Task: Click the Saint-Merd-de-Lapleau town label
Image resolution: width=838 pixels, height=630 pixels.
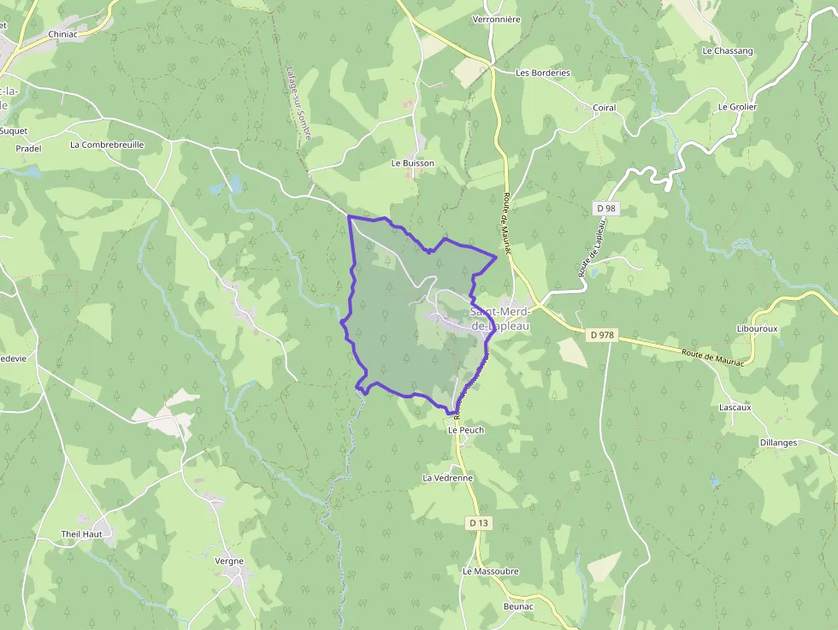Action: [500, 319]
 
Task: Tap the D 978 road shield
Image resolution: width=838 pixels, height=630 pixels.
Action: [602, 335]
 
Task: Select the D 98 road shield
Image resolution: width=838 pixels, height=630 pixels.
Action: [605, 209]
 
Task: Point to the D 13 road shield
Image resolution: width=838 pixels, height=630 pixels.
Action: [478, 522]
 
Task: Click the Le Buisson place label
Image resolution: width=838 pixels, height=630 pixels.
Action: [413, 162]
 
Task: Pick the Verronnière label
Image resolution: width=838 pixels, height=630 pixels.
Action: [496, 19]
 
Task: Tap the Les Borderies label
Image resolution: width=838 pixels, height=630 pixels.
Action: [543, 73]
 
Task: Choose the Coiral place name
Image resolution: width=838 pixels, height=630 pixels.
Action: [604, 108]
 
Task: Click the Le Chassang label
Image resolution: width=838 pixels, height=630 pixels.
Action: [728, 50]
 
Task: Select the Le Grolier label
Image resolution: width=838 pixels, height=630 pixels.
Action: [737, 107]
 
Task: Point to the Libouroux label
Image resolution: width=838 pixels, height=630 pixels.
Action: [755, 328]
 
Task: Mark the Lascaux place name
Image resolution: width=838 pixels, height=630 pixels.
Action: [735, 407]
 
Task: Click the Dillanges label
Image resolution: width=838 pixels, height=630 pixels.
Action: [778, 443]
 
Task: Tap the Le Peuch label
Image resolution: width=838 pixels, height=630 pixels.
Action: [466, 430]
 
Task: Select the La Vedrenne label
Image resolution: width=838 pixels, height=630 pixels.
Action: [447, 478]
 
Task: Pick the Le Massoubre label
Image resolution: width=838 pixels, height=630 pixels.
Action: [491, 571]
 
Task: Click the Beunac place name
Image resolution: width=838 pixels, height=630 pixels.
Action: [518, 606]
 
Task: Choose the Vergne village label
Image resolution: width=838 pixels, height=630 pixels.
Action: [229, 562]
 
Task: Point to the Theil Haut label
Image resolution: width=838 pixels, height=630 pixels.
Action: [82, 534]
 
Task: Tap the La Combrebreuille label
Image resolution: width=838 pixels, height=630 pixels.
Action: [107, 144]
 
